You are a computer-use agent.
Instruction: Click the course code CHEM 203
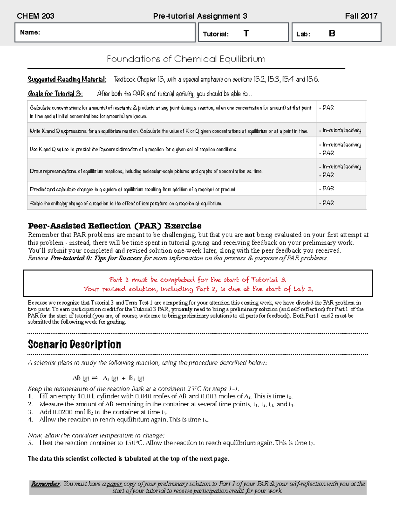(x=35, y=16)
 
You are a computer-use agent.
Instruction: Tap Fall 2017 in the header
(x=361, y=16)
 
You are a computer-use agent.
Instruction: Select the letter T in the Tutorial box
(x=246, y=33)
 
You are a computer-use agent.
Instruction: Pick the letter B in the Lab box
(x=332, y=33)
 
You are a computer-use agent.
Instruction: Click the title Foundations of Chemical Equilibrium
(x=186, y=59)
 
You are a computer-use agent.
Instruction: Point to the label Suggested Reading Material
(x=67, y=79)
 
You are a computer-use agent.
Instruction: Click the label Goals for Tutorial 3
(x=55, y=94)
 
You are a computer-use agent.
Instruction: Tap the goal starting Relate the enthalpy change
(x=126, y=203)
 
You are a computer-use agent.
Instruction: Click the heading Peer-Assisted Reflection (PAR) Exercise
(x=115, y=226)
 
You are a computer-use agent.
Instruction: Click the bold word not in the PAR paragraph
(x=249, y=235)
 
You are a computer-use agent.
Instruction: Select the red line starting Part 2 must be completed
(x=198, y=280)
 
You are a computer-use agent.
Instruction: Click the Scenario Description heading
(x=75, y=345)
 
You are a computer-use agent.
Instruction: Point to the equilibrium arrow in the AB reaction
(x=94, y=378)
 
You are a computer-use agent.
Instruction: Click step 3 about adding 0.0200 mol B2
(x=103, y=412)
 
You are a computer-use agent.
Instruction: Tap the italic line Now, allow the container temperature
(x=96, y=435)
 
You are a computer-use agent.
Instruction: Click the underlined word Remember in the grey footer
(x=45, y=484)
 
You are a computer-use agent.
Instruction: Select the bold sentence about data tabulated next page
(x=128, y=459)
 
